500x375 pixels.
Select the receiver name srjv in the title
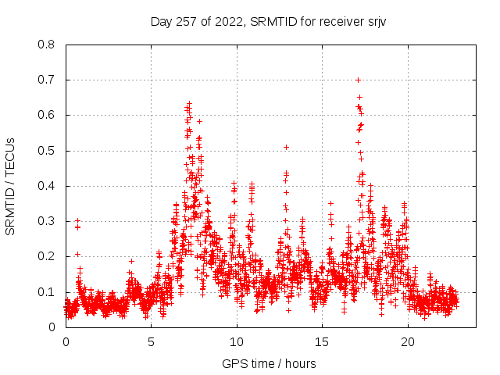(x=373, y=21)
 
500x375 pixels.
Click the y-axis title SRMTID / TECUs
(x=11, y=186)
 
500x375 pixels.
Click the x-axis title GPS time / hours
(x=269, y=363)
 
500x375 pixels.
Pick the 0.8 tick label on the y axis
(x=46, y=45)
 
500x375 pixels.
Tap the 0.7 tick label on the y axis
(x=46, y=80)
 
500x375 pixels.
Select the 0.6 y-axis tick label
(x=46, y=115)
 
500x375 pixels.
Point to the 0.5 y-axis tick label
(x=46, y=151)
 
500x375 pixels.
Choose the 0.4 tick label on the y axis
(x=46, y=186)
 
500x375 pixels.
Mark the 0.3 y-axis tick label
(x=46, y=221)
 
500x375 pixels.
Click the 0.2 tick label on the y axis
(x=46, y=256)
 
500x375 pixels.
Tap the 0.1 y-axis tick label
(x=46, y=292)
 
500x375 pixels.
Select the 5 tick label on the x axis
(x=152, y=341)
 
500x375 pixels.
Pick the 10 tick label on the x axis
(x=237, y=341)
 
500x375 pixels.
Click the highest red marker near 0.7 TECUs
(x=358, y=80)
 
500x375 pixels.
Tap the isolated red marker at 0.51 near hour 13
(x=287, y=147)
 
